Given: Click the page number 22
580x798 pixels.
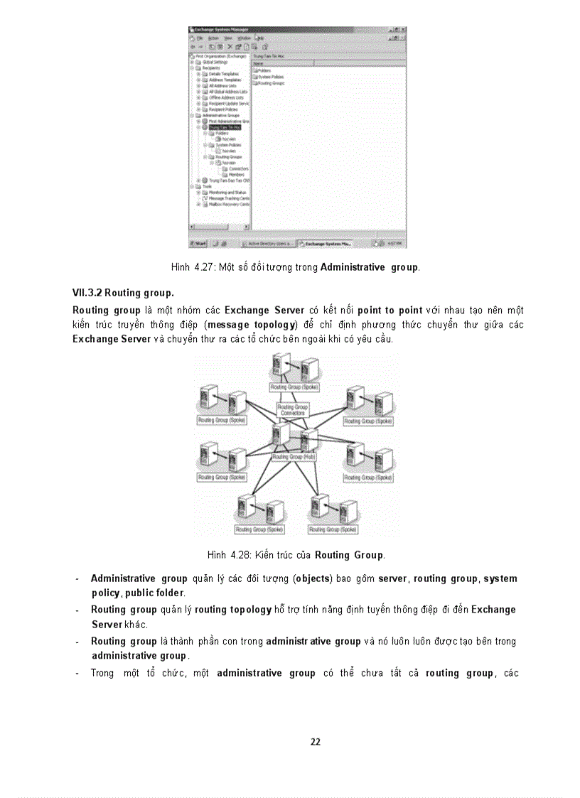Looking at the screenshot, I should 316,742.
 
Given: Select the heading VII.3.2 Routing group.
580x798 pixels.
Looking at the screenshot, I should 123,293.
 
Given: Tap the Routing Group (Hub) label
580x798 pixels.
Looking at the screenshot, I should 294,457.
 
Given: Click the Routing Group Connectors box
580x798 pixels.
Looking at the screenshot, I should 292,410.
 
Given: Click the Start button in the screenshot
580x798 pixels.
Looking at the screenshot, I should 198,243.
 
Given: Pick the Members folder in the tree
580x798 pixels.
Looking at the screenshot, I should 236,174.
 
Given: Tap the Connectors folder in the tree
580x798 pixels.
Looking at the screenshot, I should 238,168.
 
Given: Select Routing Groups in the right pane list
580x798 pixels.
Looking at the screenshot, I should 271,83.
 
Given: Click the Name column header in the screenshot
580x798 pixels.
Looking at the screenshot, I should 259,63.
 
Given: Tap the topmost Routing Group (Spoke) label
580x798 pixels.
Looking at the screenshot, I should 294,387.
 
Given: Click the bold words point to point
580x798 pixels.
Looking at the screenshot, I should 390,311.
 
